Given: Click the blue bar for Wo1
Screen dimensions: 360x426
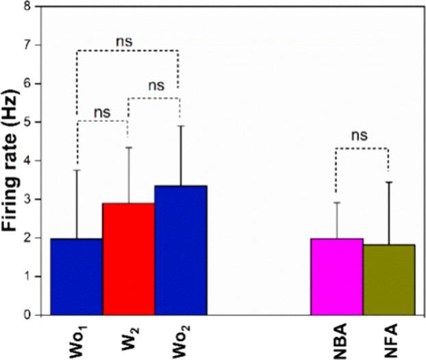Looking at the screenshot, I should (x=76, y=277).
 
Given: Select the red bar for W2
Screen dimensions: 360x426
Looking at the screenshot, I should (x=128, y=259).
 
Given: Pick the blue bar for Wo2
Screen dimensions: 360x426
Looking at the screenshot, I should (x=180, y=250).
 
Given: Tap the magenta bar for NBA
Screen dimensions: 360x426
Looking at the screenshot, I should (x=336, y=277).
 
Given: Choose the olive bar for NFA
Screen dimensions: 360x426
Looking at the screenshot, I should (x=388, y=280).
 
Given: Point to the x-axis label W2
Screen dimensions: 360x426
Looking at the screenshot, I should (x=129, y=337).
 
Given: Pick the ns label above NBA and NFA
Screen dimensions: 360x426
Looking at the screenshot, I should (x=360, y=135).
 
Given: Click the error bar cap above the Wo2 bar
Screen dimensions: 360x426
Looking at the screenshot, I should (x=180, y=126).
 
